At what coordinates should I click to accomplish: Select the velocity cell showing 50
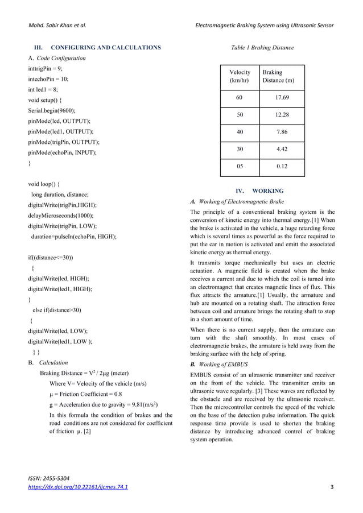(x=240, y=115)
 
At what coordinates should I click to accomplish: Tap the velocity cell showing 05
(x=240, y=167)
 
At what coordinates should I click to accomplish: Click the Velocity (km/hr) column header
(x=240, y=76)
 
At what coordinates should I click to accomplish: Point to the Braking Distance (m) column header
(x=278, y=76)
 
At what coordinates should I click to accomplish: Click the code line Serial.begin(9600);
(x=52, y=110)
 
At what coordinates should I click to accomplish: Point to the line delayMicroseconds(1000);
(x=61, y=216)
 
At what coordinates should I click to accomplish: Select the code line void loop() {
(x=46, y=184)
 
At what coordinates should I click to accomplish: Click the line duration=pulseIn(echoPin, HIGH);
(x=73, y=236)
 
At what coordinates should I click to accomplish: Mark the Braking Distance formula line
(x=84, y=373)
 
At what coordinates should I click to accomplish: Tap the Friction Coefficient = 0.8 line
(x=85, y=394)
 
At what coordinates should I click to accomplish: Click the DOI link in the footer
(x=78, y=487)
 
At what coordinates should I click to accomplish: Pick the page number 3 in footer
(x=332, y=487)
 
